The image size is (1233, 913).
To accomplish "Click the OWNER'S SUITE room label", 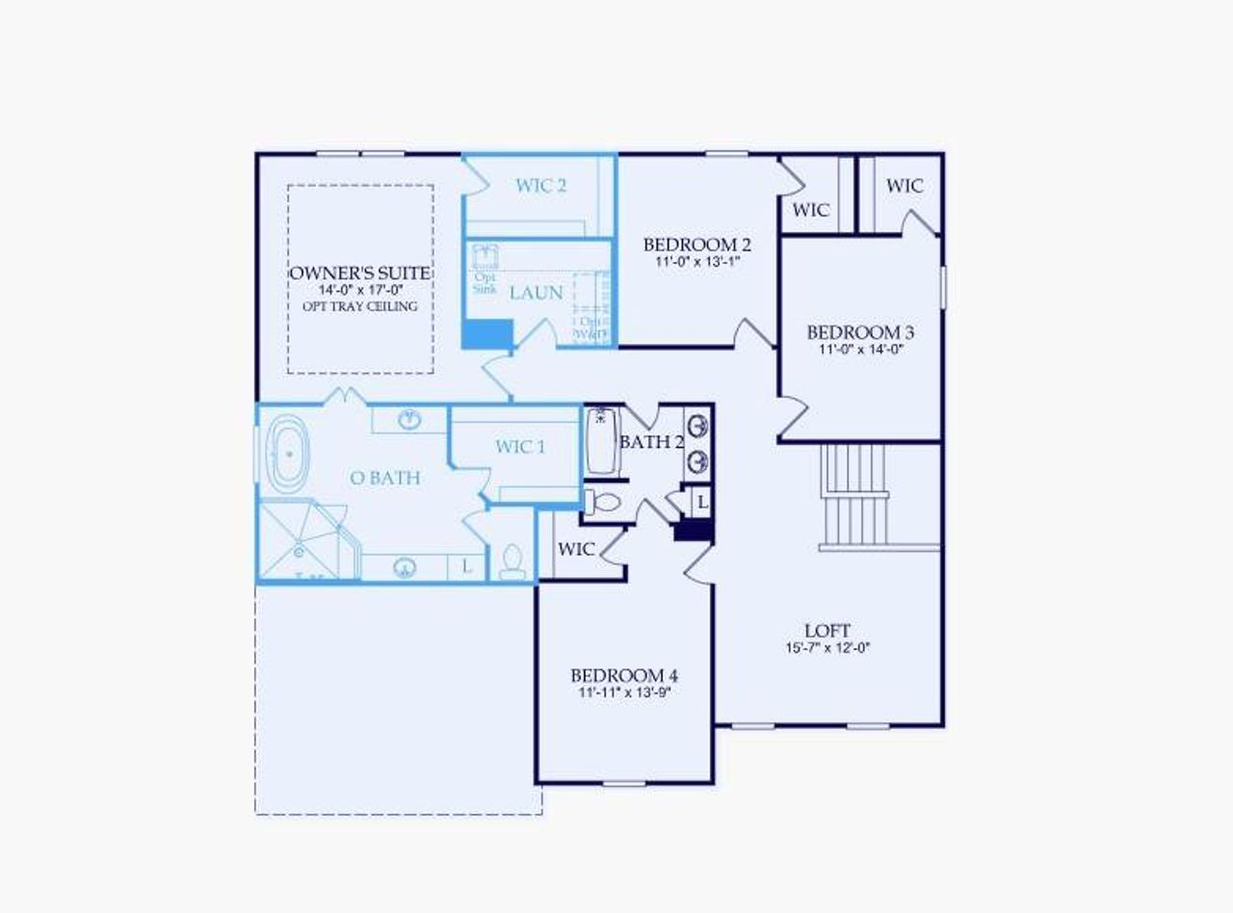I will (360, 274).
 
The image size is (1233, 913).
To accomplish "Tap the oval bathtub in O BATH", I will (286, 453).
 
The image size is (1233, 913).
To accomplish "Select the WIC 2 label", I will (540, 186).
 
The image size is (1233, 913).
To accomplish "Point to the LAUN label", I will (537, 293).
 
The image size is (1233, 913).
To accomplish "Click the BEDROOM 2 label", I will (697, 244).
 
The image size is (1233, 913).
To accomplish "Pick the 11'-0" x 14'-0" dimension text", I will (860, 350).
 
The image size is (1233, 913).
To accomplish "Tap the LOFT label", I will (827, 631).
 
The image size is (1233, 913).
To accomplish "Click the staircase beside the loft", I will (854, 496).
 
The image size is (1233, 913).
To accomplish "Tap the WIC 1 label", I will (520, 447).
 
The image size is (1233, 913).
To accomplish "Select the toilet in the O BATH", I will (512, 561).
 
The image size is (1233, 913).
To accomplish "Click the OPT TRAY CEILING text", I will (360, 307).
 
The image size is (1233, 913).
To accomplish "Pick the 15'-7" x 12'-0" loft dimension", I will (827, 648).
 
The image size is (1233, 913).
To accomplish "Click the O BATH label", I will (385, 478).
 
